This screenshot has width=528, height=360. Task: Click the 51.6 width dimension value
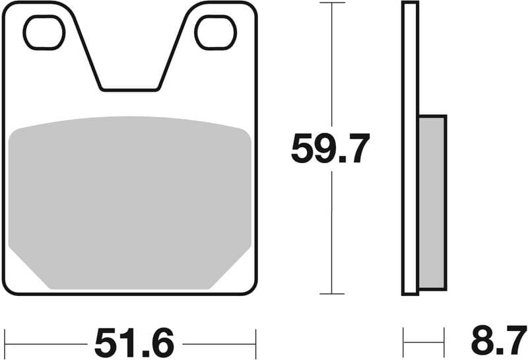(134, 343)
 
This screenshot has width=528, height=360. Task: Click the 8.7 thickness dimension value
(499, 343)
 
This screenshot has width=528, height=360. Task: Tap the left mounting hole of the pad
(44, 32)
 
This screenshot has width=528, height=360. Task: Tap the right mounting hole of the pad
(216, 32)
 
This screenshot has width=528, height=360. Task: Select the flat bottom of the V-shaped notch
(130, 89)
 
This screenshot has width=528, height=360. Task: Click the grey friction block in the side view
(432, 201)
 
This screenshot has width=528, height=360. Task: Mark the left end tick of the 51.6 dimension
(5, 343)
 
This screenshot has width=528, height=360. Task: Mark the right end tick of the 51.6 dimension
(255, 343)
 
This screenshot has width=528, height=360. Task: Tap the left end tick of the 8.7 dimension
(403, 343)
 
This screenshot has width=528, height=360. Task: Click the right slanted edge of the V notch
(174, 50)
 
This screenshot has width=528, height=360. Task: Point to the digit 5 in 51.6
(108, 343)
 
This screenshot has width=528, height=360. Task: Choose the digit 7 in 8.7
(515, 343)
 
